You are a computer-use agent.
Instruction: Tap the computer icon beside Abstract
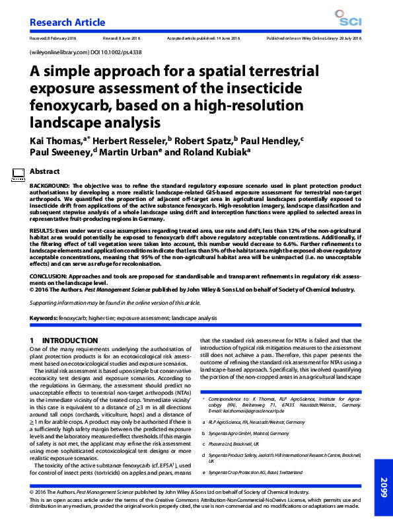tap(18, 174)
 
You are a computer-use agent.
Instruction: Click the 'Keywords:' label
tap(44, 318)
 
